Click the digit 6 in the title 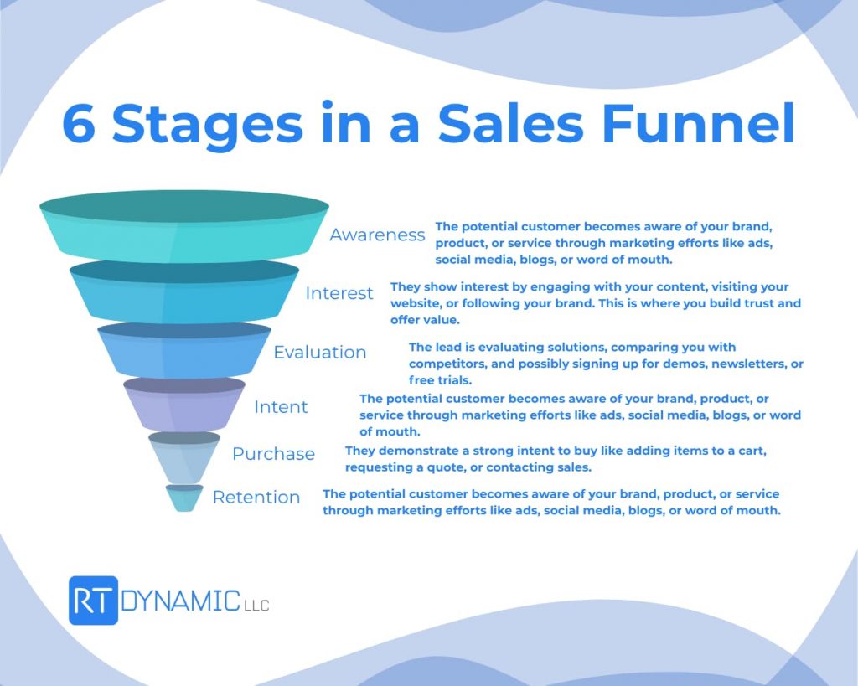80,124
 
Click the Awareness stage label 377,235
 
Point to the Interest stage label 339,293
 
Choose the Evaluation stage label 319,353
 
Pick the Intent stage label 281,407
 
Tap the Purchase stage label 273,454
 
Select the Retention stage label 256,498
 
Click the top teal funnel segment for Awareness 184,225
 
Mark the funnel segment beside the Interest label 184,292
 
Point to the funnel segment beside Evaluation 184,350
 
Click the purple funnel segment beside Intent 184,404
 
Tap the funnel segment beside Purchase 184,457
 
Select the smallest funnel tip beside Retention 184,498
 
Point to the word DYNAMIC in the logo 180,601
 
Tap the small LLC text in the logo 256,606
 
